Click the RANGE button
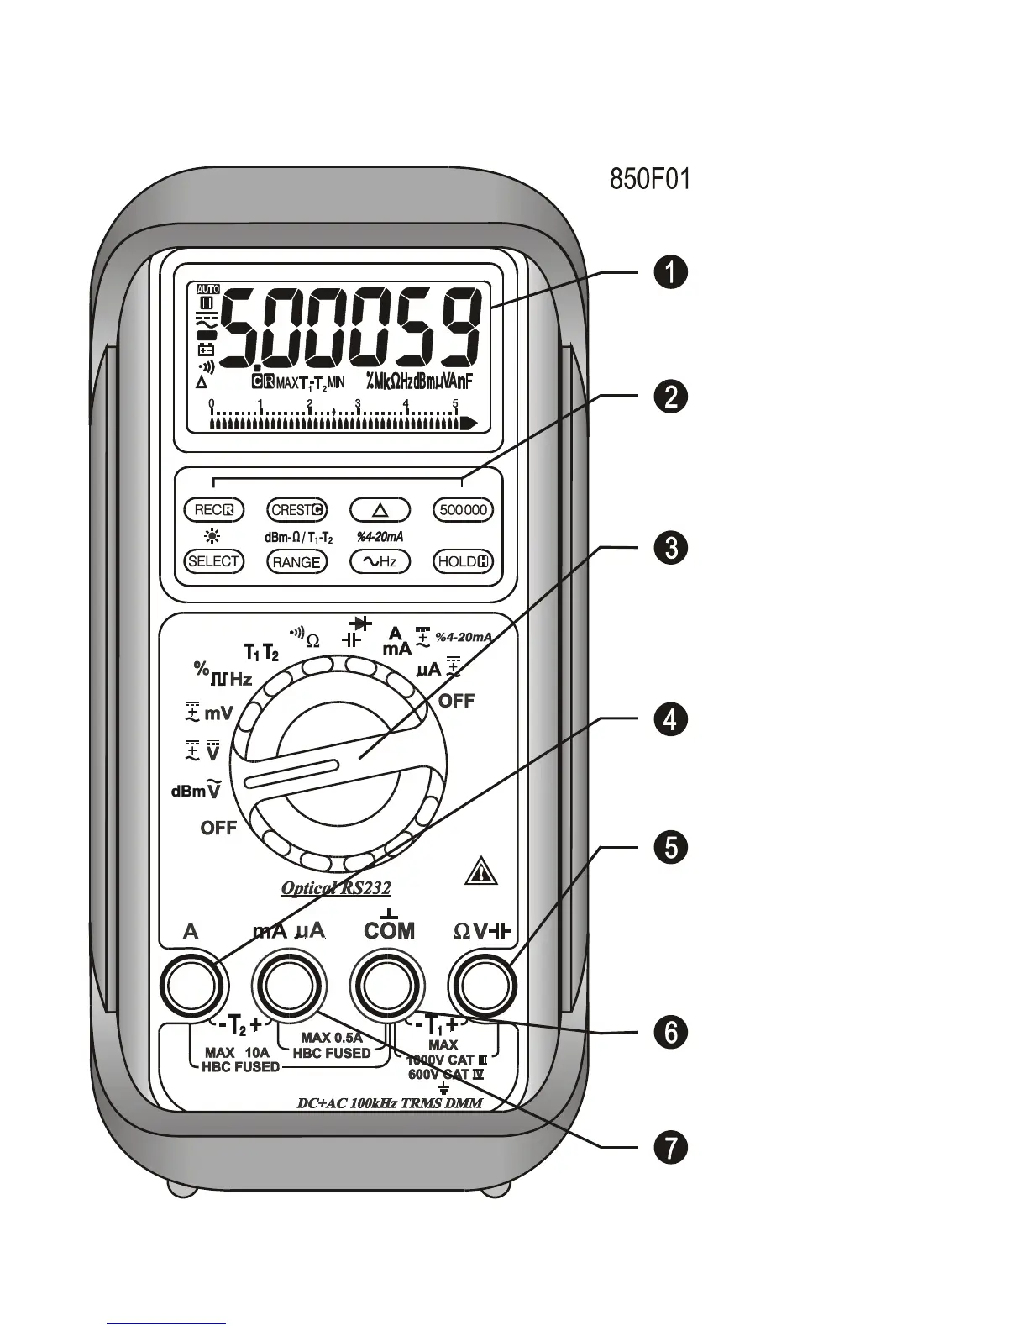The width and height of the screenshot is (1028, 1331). coord(296,562)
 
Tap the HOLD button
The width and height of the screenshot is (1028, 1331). coord(463,562)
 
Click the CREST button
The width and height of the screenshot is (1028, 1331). coord(296,510)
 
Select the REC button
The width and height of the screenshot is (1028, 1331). coord(213,510)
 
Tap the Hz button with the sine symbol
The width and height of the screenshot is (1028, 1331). coord(379,562)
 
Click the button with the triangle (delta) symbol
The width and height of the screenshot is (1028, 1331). coord(379,510)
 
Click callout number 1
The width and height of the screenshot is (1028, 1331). coord(671,274)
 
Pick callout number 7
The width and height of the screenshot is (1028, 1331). coord(671,1148)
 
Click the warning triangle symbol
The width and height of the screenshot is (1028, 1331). coord(480,872)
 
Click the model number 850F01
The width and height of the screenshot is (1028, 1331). coord(649,180)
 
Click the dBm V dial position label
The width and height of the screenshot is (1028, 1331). coord(196,790)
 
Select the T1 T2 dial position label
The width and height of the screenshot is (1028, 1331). coord(261,652)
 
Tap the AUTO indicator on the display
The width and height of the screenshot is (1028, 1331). coord(207,289)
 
